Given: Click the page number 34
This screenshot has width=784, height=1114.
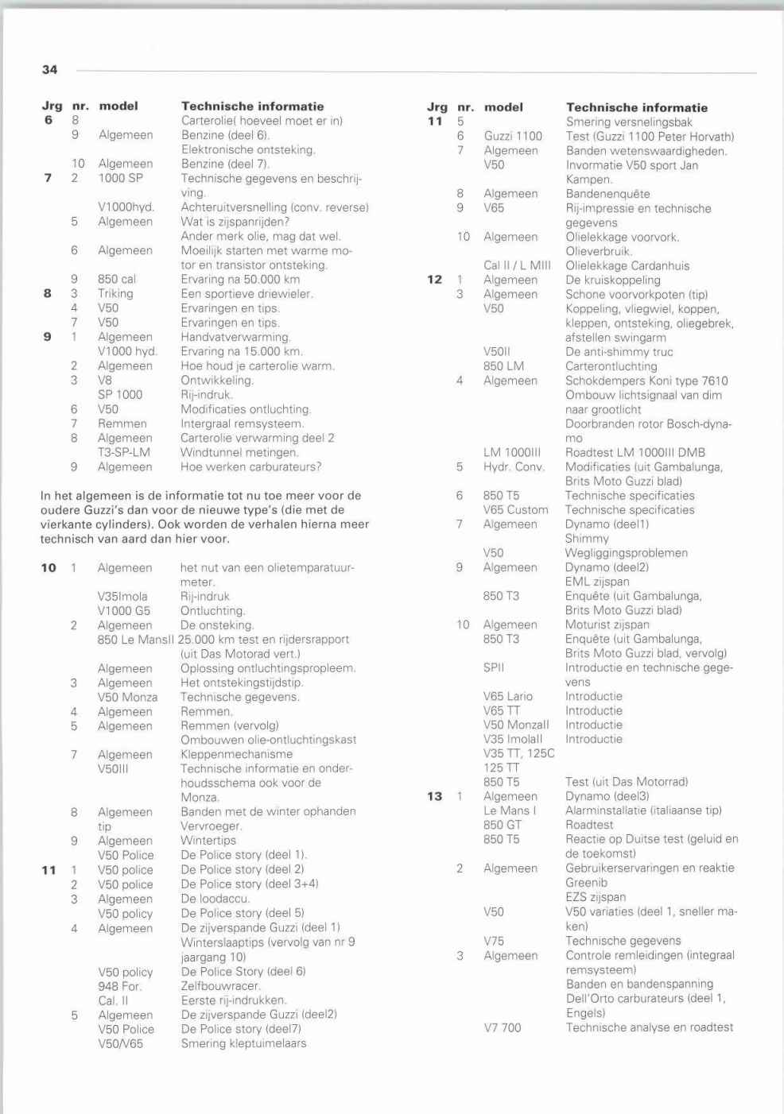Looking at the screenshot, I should (49, 70).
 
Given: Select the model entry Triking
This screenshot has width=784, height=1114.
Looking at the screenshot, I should (115, 293).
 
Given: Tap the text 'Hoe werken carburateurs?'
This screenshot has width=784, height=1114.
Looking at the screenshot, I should (250, 466).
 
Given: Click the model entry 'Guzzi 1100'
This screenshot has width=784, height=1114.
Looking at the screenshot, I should (513, 136).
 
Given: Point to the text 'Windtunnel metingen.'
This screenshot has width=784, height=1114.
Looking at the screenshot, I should (239, 452).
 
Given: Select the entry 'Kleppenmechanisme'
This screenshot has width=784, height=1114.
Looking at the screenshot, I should (236, 754).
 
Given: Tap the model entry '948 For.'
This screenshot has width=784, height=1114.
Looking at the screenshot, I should (120, 986).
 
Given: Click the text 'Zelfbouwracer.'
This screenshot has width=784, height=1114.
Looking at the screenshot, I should (220, 986).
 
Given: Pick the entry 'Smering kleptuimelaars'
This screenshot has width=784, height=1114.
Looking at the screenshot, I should (243, 1043).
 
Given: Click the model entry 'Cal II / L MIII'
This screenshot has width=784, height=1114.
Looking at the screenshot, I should (517, 265).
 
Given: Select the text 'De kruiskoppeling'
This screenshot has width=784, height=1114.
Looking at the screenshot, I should (612, 280).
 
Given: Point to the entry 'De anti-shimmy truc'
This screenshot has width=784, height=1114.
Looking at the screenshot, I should (619, 352).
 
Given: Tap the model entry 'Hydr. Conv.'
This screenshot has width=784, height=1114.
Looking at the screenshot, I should (514, 466).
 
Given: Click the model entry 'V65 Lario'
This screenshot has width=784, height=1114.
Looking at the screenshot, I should (508, 696).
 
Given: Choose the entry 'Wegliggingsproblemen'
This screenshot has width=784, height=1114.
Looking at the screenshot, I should (626, 553).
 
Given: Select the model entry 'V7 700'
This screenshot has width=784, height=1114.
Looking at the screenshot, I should (503, 1027).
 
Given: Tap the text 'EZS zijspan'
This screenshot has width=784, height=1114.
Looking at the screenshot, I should (596, 897).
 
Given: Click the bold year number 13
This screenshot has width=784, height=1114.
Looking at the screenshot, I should (434, 796).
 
